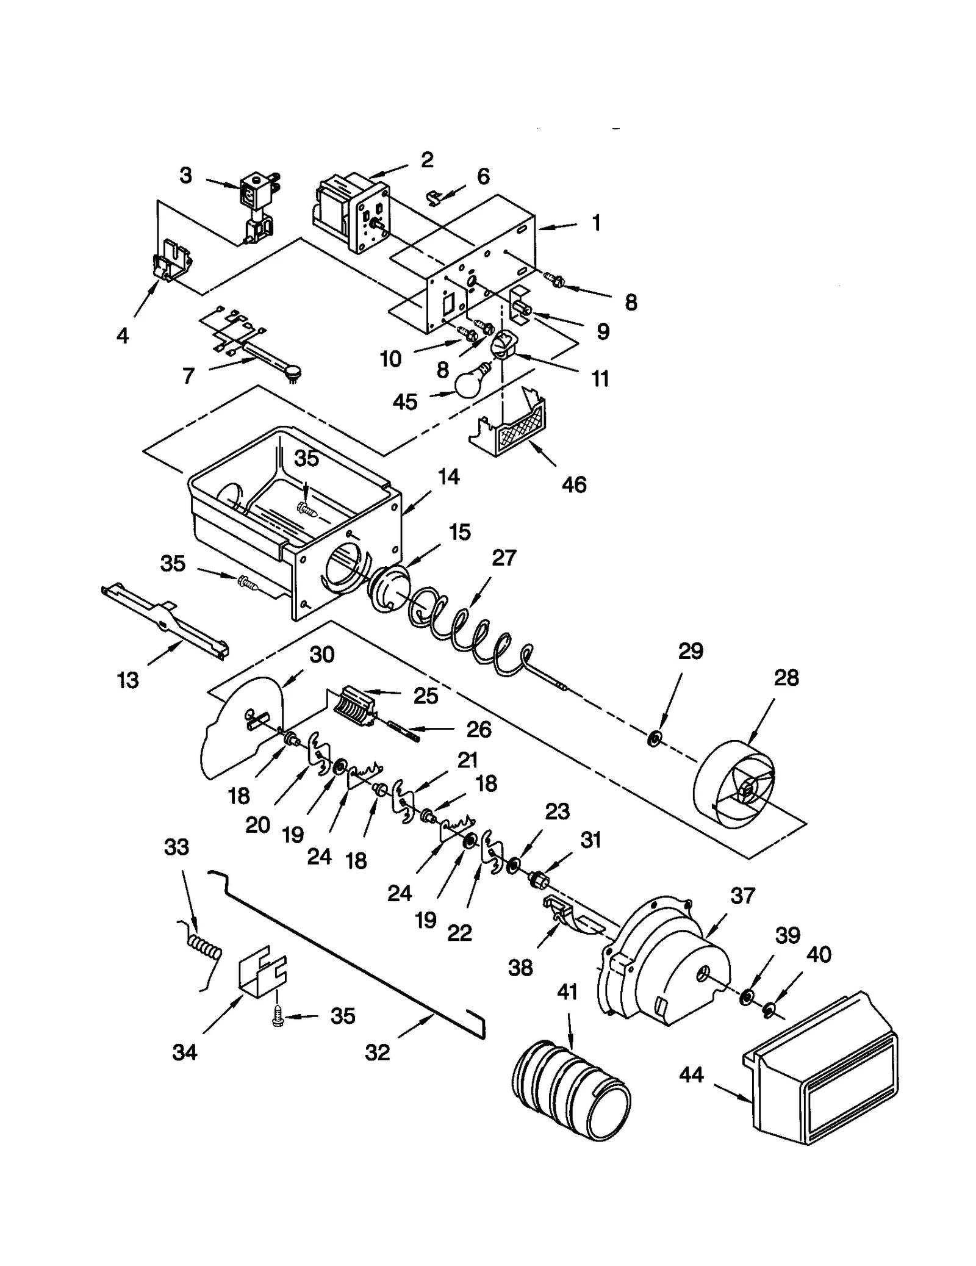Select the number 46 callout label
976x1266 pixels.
pos(573,485)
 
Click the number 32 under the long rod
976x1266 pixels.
pos(377,1052)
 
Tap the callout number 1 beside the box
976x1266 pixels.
pos(597,223)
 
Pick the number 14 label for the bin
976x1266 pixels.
pos(448,477)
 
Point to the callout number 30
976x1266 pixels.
pos(322,655)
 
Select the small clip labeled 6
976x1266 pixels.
pos(434,196)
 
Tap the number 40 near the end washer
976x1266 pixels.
pos(819,954)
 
